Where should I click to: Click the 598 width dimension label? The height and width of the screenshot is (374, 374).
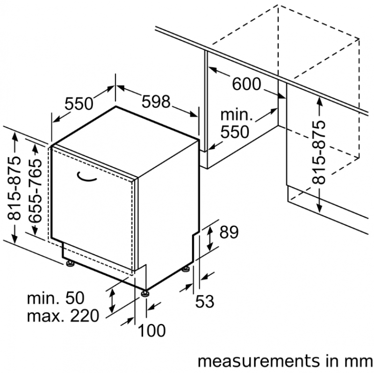156,101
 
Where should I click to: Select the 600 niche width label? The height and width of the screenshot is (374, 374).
247,84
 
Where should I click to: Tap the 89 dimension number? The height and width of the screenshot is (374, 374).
229,232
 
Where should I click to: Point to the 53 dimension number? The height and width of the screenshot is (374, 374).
205,302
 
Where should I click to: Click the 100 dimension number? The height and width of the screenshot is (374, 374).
151,331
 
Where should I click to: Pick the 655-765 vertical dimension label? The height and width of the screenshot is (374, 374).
35,191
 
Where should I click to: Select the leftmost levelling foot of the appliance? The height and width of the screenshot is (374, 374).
70,263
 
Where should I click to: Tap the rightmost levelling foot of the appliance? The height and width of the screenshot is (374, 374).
186,269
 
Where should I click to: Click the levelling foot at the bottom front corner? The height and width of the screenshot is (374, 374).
145,293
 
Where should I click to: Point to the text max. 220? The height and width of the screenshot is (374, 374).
63,316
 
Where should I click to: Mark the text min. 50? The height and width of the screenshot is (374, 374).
56,298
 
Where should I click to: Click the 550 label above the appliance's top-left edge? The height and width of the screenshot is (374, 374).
79,103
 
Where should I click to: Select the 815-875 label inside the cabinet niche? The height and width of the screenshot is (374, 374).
319,153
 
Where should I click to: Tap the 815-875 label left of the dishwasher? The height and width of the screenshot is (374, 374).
14,188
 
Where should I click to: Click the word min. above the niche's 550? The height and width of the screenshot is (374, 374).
237,115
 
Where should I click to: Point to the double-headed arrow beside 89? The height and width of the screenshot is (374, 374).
210,239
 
